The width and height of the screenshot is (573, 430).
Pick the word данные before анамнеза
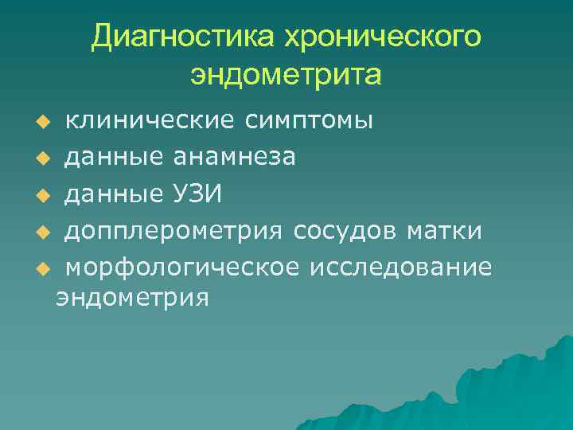click(x=111, y=158)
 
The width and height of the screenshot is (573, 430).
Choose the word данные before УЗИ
click(x=111, y=194)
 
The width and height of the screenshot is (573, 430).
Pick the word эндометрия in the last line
click(x=131, y=299)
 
